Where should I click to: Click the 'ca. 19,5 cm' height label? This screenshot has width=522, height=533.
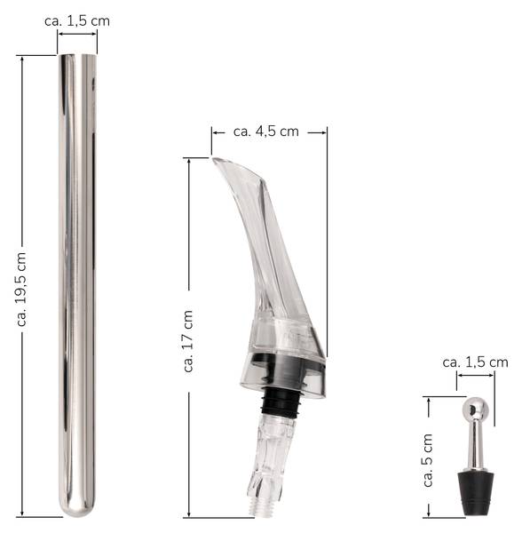[21, 289]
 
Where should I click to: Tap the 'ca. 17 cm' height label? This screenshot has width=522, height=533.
[189, 341]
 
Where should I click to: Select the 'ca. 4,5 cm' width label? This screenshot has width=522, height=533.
[266, 131]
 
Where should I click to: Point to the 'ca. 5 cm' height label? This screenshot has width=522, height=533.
[428, 460]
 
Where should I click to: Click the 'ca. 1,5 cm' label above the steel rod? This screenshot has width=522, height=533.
[77, 21]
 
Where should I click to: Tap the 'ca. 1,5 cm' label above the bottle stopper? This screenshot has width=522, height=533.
[475, 362]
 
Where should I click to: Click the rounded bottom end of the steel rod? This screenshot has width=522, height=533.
[77, 508]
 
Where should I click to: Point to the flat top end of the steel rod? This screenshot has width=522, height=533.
[77, 56]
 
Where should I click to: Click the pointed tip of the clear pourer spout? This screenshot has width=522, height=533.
[214, 159]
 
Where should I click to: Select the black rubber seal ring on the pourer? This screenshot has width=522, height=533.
[281, 402]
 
